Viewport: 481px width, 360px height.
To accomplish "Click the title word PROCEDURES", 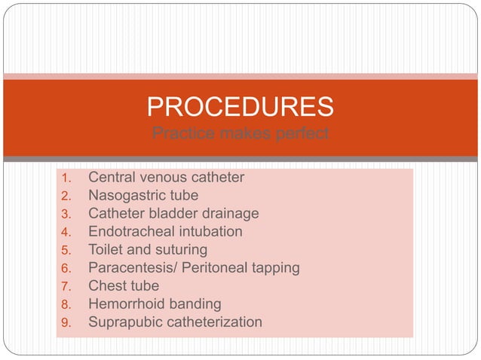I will pyautogui.click(x=240, y=107).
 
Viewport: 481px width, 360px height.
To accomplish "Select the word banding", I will pyautogui.click(x=196, y=304).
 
